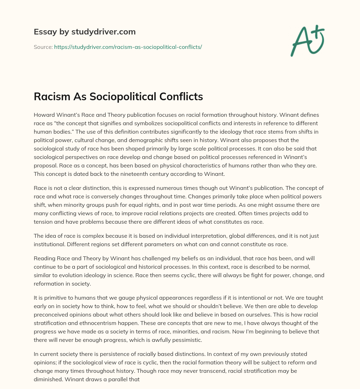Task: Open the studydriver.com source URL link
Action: (x=128, y=47)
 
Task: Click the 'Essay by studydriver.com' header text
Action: (x=85, y=32)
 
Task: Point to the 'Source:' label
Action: (x=43, y=47)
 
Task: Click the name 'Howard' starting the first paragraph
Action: (x=43, y=115)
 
